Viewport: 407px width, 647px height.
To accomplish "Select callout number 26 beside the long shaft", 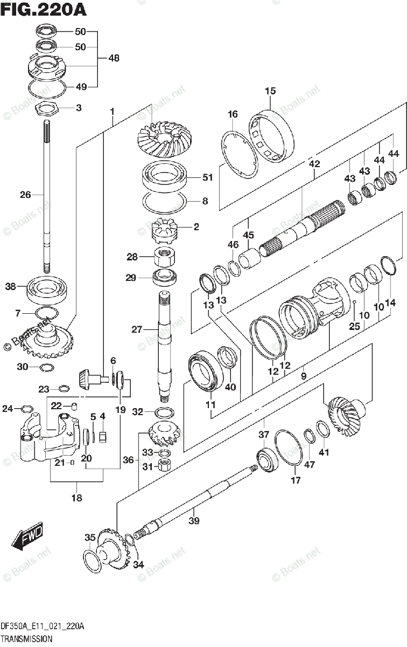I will point(25,195).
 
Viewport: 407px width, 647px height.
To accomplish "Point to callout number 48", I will point(114,58).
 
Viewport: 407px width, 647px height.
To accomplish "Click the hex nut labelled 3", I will point(46,108).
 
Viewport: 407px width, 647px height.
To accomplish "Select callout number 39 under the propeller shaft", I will point(194,521).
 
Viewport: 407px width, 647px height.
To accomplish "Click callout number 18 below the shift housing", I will point(76,498).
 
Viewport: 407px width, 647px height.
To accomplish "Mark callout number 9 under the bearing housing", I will point(304,375).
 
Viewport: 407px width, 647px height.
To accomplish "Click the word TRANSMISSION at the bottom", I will point(26,638).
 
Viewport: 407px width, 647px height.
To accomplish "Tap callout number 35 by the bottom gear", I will point(89,537).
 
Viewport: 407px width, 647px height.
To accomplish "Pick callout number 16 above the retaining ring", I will point(232,114).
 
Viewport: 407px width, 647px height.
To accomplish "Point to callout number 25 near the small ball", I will point(354,326).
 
